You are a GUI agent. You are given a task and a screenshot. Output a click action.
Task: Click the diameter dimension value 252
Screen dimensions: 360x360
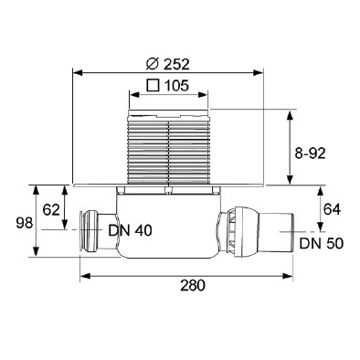(176, 64)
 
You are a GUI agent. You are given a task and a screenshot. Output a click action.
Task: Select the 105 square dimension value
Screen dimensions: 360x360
(176, 86)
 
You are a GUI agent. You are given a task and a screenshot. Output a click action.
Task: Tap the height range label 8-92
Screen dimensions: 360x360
(310, 154)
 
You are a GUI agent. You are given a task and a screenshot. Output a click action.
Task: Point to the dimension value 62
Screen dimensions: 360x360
(51, 210)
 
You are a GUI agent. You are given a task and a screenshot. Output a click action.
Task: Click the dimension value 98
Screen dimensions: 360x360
(25, 223)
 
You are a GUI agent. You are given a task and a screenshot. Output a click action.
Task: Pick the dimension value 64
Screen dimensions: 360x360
(332, 209)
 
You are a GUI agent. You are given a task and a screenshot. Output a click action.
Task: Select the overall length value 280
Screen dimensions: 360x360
(193, 285)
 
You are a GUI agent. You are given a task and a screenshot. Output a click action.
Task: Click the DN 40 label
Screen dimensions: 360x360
(130, 230)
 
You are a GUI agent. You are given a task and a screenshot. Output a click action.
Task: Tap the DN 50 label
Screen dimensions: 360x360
(322, 243)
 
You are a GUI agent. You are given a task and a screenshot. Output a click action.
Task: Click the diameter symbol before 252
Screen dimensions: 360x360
(153, 64)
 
